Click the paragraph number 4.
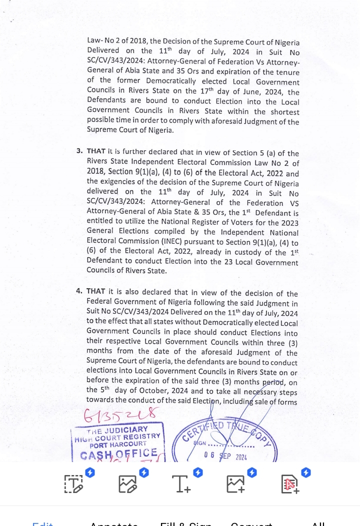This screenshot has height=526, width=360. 79,291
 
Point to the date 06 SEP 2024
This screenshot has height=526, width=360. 226,456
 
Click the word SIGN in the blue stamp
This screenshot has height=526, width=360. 200,443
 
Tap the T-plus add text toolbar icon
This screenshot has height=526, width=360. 181,484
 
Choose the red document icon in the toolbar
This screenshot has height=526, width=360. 290,484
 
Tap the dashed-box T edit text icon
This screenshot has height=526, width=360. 73,484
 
